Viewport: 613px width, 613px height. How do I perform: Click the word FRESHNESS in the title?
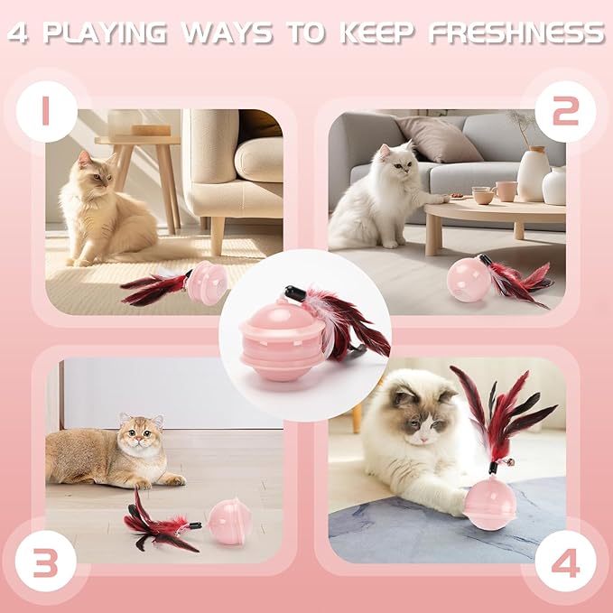click(516, 33)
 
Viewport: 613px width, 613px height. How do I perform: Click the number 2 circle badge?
click(565, 111)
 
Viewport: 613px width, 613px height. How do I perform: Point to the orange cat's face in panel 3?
click(140, 434)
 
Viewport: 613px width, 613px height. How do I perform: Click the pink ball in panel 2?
click(469, 278)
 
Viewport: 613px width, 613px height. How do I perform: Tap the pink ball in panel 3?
click(228, 523)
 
